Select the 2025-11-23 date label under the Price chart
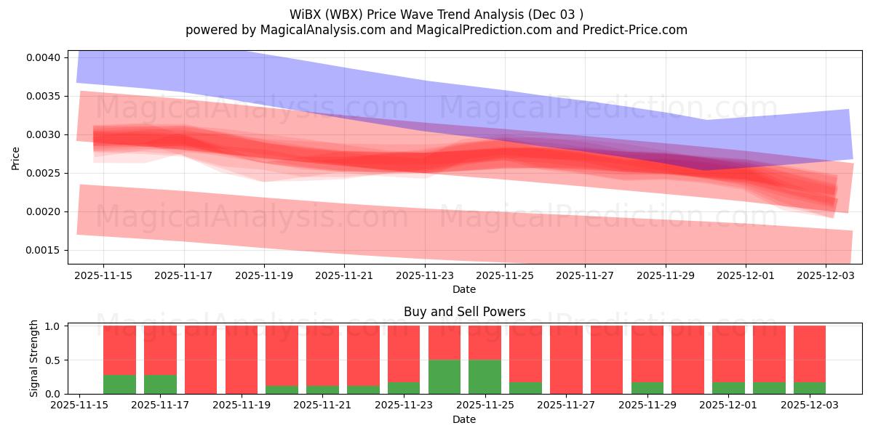point(425,275)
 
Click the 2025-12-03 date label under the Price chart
point(826,275)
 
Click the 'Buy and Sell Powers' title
point(464,312)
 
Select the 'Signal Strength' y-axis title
point(34,359)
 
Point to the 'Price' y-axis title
point(16,158)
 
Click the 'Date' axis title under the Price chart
point(464,289)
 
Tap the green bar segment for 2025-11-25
point(485,376)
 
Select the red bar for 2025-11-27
point(566,360)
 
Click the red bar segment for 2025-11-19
point(241,360)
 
